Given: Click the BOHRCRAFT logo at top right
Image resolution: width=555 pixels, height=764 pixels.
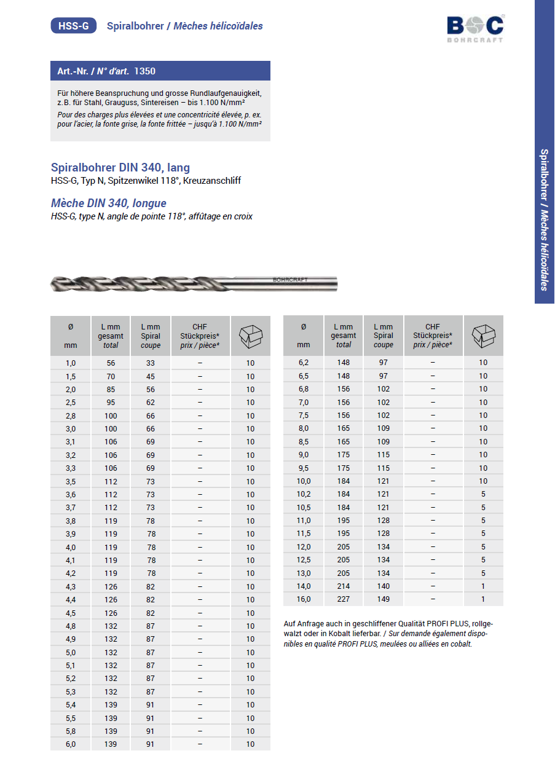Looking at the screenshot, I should click(x=475, y=28).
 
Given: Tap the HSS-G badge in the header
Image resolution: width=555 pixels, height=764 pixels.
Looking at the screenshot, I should click(x=73, y=26).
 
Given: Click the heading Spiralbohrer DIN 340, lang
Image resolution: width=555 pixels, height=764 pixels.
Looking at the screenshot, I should click(x=120, y=167).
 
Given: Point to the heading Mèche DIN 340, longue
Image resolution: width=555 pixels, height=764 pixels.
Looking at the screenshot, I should click(x=108, y=203).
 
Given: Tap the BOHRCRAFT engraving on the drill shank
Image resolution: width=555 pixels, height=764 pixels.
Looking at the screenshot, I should click(x=290, y=279).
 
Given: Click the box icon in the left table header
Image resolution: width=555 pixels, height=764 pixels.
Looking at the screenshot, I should click(x=250, y=336).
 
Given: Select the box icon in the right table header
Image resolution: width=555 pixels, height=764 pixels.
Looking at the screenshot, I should click(x=483, y=336).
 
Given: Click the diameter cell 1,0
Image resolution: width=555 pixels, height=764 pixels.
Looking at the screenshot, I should click(x=70, y=363).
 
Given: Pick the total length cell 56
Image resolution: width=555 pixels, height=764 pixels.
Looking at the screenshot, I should click(x=111, y=363).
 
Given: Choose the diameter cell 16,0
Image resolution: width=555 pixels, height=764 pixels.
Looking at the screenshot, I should click(x=304, y=599).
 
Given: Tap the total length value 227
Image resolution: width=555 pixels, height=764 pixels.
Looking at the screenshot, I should click(x=344, y=599).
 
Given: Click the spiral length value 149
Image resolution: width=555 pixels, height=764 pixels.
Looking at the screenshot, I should click(x=384, y=599).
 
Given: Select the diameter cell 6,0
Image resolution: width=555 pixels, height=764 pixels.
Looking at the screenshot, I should click(x=70, y=744).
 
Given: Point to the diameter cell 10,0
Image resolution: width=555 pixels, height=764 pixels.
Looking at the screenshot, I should click(x=304, y=481).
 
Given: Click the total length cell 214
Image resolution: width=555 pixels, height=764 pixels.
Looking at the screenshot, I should click(x=344, y=586).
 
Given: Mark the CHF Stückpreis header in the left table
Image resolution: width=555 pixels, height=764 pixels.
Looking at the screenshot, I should click(x=200, y=336).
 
